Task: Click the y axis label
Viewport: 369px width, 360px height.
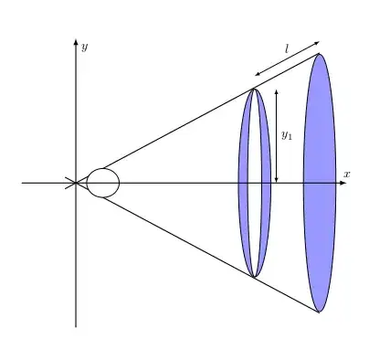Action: [x=84, y=47]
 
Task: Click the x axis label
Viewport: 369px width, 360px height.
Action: [x=347, y=174]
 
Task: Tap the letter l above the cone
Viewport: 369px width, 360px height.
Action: [x=286, y=48]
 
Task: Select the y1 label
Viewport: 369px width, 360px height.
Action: [x=286, y=135]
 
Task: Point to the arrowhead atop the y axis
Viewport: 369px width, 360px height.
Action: [x=76, y=42]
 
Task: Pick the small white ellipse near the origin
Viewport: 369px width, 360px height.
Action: [x=103, y=183]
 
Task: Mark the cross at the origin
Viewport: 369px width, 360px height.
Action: [x=73, y=183]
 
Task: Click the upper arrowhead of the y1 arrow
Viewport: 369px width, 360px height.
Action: [x=276, y=90]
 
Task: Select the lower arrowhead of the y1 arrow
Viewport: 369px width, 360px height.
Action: [x=276, y=180]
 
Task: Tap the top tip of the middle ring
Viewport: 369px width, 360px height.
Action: [x=255, y=88]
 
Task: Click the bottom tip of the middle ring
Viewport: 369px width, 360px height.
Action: [x=255, y=278]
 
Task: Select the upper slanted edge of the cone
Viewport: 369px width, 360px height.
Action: [x=174, y=131]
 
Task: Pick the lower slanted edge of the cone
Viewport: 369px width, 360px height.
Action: [x=174, y=235]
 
